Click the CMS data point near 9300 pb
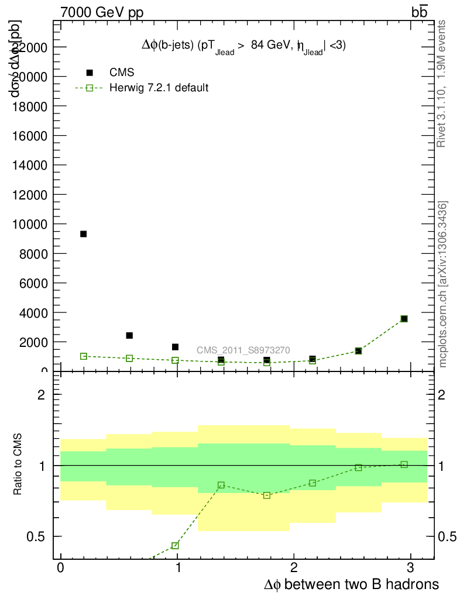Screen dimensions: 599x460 pyautogui.click(x=83, y=234)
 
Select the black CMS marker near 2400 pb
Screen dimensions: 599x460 pyautogui.click(x=129, y=335)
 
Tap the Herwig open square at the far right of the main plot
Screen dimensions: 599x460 pyautogui.click(x=404, y=319)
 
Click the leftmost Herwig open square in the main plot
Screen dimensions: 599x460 pyautogui.click(x=83, y=356)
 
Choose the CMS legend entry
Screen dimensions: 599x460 pyautogui.click(x=122, y=73)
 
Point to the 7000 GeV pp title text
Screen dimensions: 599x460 pyautogui.click(x=102, y=13)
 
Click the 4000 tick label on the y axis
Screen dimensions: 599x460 pyautogui.click(x=35, y=312)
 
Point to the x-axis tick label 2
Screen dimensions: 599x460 pyautogui.click(x=294, y=568)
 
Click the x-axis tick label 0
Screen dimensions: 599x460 pyautogui.click(x=61, y=568)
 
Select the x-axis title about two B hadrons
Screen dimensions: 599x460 pyautogui.click(x=351, y=584)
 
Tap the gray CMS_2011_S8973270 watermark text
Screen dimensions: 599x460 pyautogui.click(x=243, y=350)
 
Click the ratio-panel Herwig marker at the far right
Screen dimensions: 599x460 pyautogui.click(x=404, y=464)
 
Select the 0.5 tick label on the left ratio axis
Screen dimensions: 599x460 pyautogui.click(x=38, y=536)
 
